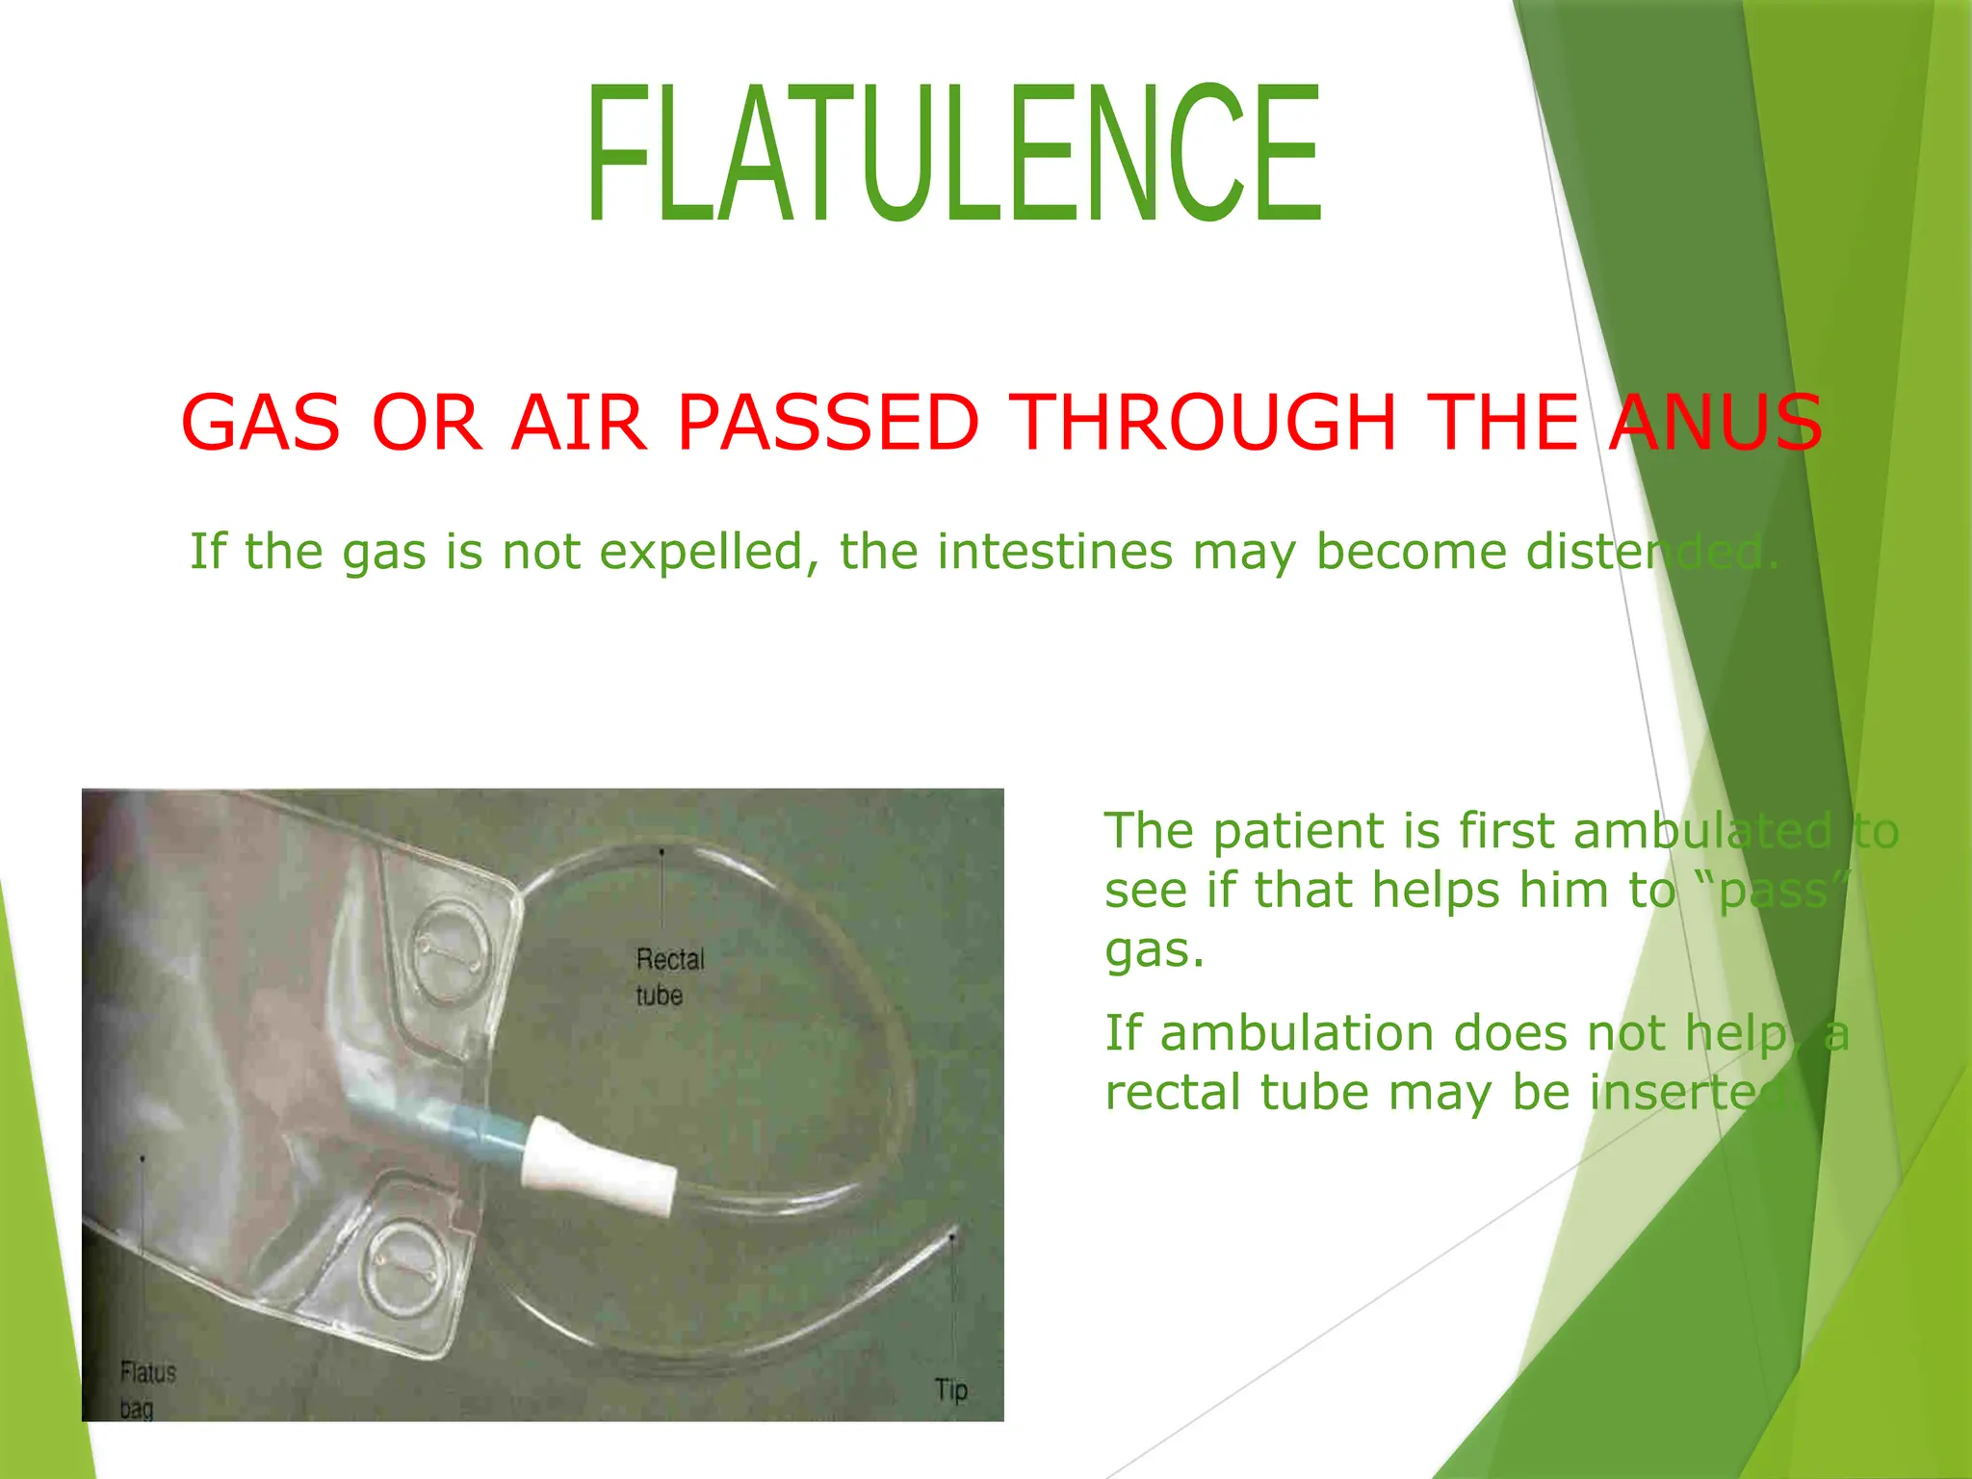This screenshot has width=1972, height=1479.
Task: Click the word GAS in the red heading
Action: click(260, 423)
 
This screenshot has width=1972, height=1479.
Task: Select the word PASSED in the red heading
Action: click(828, 423)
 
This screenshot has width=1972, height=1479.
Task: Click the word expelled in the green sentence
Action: click(709, 553)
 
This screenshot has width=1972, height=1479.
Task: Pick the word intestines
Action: click(1055, 552)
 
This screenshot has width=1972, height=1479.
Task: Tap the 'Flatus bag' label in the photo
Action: click(147, 1389)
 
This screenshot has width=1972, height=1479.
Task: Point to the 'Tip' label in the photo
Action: click(950, 1389)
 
